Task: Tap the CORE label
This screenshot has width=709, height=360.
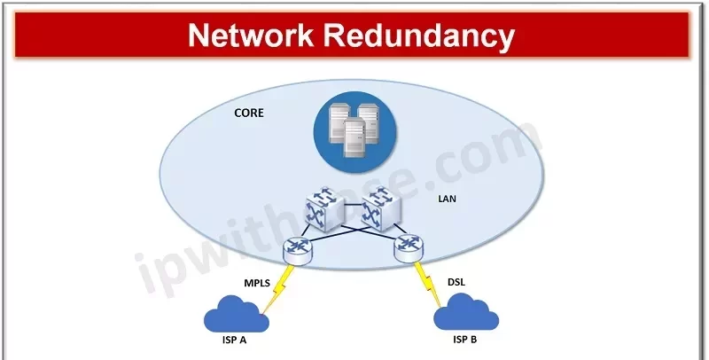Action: click(248, 113)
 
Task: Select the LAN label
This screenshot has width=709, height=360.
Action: click(447, 199)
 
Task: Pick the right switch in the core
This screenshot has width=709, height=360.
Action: click(378, 207)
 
